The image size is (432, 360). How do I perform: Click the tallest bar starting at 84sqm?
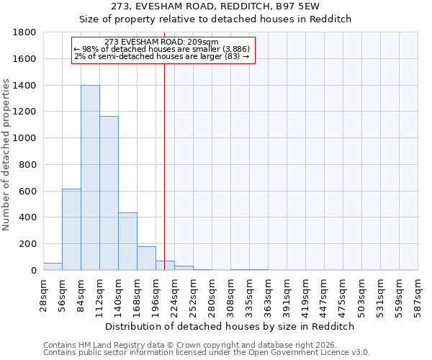(x=90, y=177)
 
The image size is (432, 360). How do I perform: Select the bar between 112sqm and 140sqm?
(x=109, y=193)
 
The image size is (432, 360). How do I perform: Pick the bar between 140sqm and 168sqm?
(x=127, y=241)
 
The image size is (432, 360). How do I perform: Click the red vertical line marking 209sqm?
(x=165, y=166)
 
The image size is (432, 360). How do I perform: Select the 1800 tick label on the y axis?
(x=25, y=32)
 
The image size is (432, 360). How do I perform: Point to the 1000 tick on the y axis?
(x=25, y=138)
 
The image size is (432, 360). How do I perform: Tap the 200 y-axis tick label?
(x=28, y=244)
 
